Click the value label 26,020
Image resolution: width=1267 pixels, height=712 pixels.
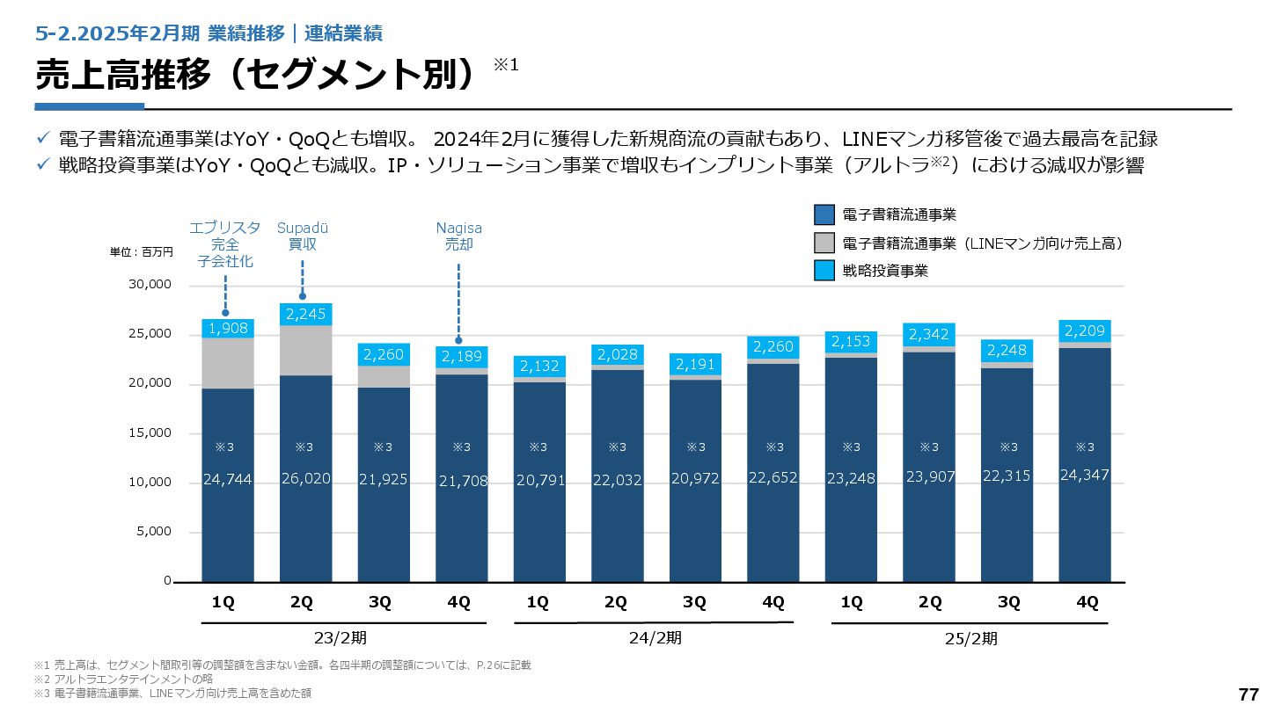pyautogui.click(x=305, y=479)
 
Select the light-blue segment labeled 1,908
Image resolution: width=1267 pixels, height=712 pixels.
pyautogui.click(x=228, y=329)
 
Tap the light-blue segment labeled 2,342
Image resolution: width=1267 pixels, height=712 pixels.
pyautogui.click(x=928, y=334)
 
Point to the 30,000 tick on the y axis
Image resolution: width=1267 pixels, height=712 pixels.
pyautogui.click(x=150, y=286)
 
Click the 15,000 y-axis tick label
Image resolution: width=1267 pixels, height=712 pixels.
pyautogui.click(x=150, y=433)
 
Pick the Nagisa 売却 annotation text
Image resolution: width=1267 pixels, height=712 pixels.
pyautogui.click(x=458, y=236)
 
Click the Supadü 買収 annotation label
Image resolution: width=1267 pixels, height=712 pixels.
pyautogui.click(x=302, y=236)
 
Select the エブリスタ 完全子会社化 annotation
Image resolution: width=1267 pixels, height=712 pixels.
pyautogui.click(x=225, y=244)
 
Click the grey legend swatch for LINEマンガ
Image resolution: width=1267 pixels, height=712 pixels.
pyautogui.click(x=824, y=243)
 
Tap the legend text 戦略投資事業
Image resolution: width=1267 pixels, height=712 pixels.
pyautogui.click(x=884, y=272)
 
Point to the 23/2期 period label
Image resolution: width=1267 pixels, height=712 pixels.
pyautogui.click(x=340, y=638)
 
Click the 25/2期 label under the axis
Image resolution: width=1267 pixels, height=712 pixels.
pyautogui.click(x=971, y=639)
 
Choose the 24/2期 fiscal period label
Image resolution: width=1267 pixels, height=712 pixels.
pyautogui.click(x=655, y=638)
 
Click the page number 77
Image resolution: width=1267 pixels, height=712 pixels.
pyautogui.click(x=1248, y=694)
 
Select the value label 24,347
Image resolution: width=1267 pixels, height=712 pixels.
pyautogui.click(x=1084, y=476)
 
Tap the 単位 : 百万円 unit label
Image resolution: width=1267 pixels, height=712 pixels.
pyautogui.click(x=142, y=252)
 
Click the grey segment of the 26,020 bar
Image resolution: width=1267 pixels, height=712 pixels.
pyautogui.click(x=305, y=351)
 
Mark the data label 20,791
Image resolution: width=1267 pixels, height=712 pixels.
pyautogui.click(x=539, y=481)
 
